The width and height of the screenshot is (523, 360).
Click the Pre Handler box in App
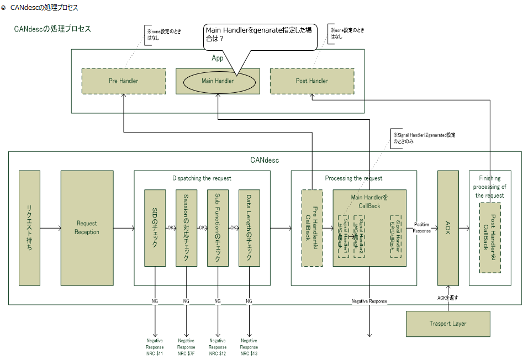[123, 81]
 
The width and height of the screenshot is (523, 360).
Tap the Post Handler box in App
[311, 81]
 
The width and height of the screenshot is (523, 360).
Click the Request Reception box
[87, 227]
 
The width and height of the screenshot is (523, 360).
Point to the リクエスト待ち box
[29, 227]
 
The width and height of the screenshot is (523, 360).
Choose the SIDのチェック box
[155, 227]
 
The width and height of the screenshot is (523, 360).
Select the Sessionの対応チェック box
[186, 227]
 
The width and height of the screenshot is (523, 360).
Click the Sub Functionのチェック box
[218, 227]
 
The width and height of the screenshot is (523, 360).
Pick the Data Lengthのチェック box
[249, 227]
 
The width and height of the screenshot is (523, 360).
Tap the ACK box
[448, 227]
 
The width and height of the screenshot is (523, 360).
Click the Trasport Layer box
[448, 324]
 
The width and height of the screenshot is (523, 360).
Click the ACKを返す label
[448, 298]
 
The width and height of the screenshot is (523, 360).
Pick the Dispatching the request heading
[202, 178]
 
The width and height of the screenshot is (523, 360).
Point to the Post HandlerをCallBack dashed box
[490, 237]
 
